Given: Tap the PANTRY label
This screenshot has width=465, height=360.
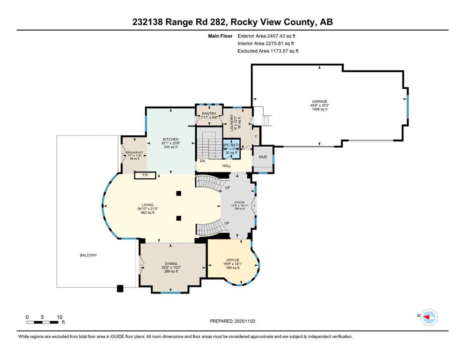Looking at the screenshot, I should pos(208,113).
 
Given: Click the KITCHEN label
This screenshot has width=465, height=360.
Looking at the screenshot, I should pos(170,139).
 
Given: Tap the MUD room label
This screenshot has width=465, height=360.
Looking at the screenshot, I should pos(263,157).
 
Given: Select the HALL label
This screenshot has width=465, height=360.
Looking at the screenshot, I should pos(227,166).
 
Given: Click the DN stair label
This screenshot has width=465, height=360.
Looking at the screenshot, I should pos(202,161).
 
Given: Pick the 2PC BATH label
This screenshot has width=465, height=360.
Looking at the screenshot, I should pos(230,145).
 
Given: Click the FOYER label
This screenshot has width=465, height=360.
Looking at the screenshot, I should pos(240,202).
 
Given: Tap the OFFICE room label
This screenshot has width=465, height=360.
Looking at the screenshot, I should pos(233,260).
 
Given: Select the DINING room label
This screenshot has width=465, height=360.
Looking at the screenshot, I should pos(170,263).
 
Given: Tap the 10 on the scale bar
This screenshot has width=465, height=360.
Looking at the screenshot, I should pos(59,317).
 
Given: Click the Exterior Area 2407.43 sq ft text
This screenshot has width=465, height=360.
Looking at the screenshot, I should pos(266,35).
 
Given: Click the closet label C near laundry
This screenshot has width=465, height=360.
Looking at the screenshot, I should pos(256,136).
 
